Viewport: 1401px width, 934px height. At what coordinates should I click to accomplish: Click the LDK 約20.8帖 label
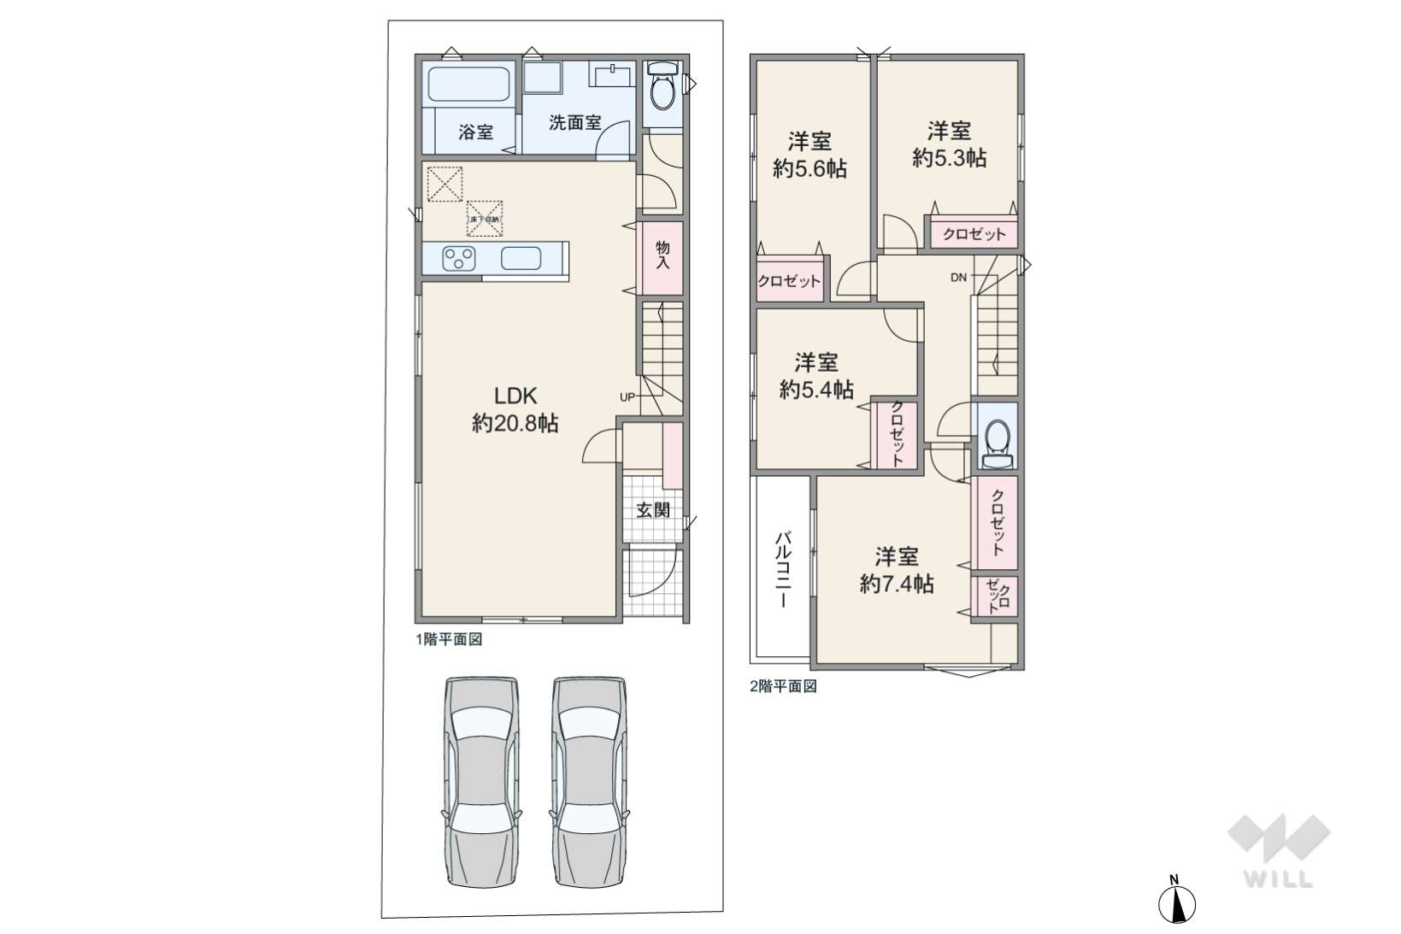click(x=515, y=409)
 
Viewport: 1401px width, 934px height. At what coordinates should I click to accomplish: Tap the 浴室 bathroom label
click(x=475, y=132)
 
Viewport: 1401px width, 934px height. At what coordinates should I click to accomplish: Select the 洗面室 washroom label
click(x=574, y=122)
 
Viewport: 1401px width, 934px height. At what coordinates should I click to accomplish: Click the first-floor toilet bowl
click(x=662, y=87)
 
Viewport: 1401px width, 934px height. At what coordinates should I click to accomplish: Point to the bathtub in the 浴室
click(x=469, y=85)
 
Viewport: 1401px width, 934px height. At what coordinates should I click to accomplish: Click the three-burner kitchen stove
click(x=459, y=258)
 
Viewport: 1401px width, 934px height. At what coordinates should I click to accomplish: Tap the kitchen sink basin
click(x=521, y=258)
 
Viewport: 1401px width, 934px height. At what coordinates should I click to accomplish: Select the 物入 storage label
click(x=662, y=256)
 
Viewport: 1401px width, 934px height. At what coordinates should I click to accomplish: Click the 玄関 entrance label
click(x=653, y=510)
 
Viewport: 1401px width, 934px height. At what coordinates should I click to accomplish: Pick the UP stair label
click(x=627, y=397)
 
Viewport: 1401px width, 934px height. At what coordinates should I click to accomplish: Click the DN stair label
click(x=959, y=278)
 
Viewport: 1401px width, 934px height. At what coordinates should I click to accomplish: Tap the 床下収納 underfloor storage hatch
click(x=485, y=218)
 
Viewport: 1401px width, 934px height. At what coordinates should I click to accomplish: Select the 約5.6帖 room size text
click(x=809, y=169)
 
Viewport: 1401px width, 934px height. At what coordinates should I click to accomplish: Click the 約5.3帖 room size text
click(x=949, y=158)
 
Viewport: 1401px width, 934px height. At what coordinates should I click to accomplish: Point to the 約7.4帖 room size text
click(x=897, y=584)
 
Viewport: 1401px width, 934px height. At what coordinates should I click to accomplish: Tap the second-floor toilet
click(x=997, y=444)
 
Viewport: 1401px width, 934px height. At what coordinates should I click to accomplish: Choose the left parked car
click(x=481, y=781)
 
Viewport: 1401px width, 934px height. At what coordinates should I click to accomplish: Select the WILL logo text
click(x=1279, y=879)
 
